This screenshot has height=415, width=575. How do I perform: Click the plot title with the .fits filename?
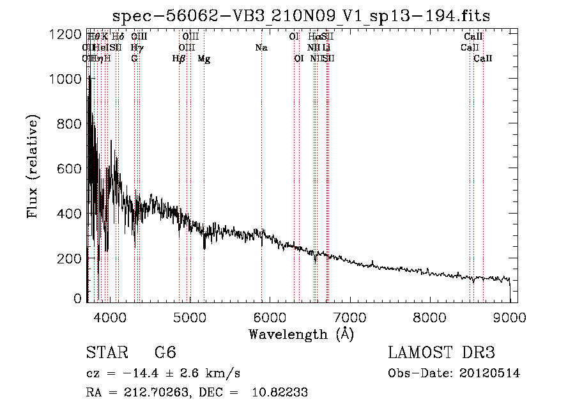tap(301, 17)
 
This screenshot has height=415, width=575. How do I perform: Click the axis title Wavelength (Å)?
tap(301, 334)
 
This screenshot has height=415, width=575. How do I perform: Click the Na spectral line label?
tap(261, 48)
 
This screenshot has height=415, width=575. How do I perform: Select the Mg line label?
tap(204, 59)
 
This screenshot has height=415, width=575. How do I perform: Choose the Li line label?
tap(326, 48)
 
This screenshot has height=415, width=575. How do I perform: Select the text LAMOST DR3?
tap(441, 353)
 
